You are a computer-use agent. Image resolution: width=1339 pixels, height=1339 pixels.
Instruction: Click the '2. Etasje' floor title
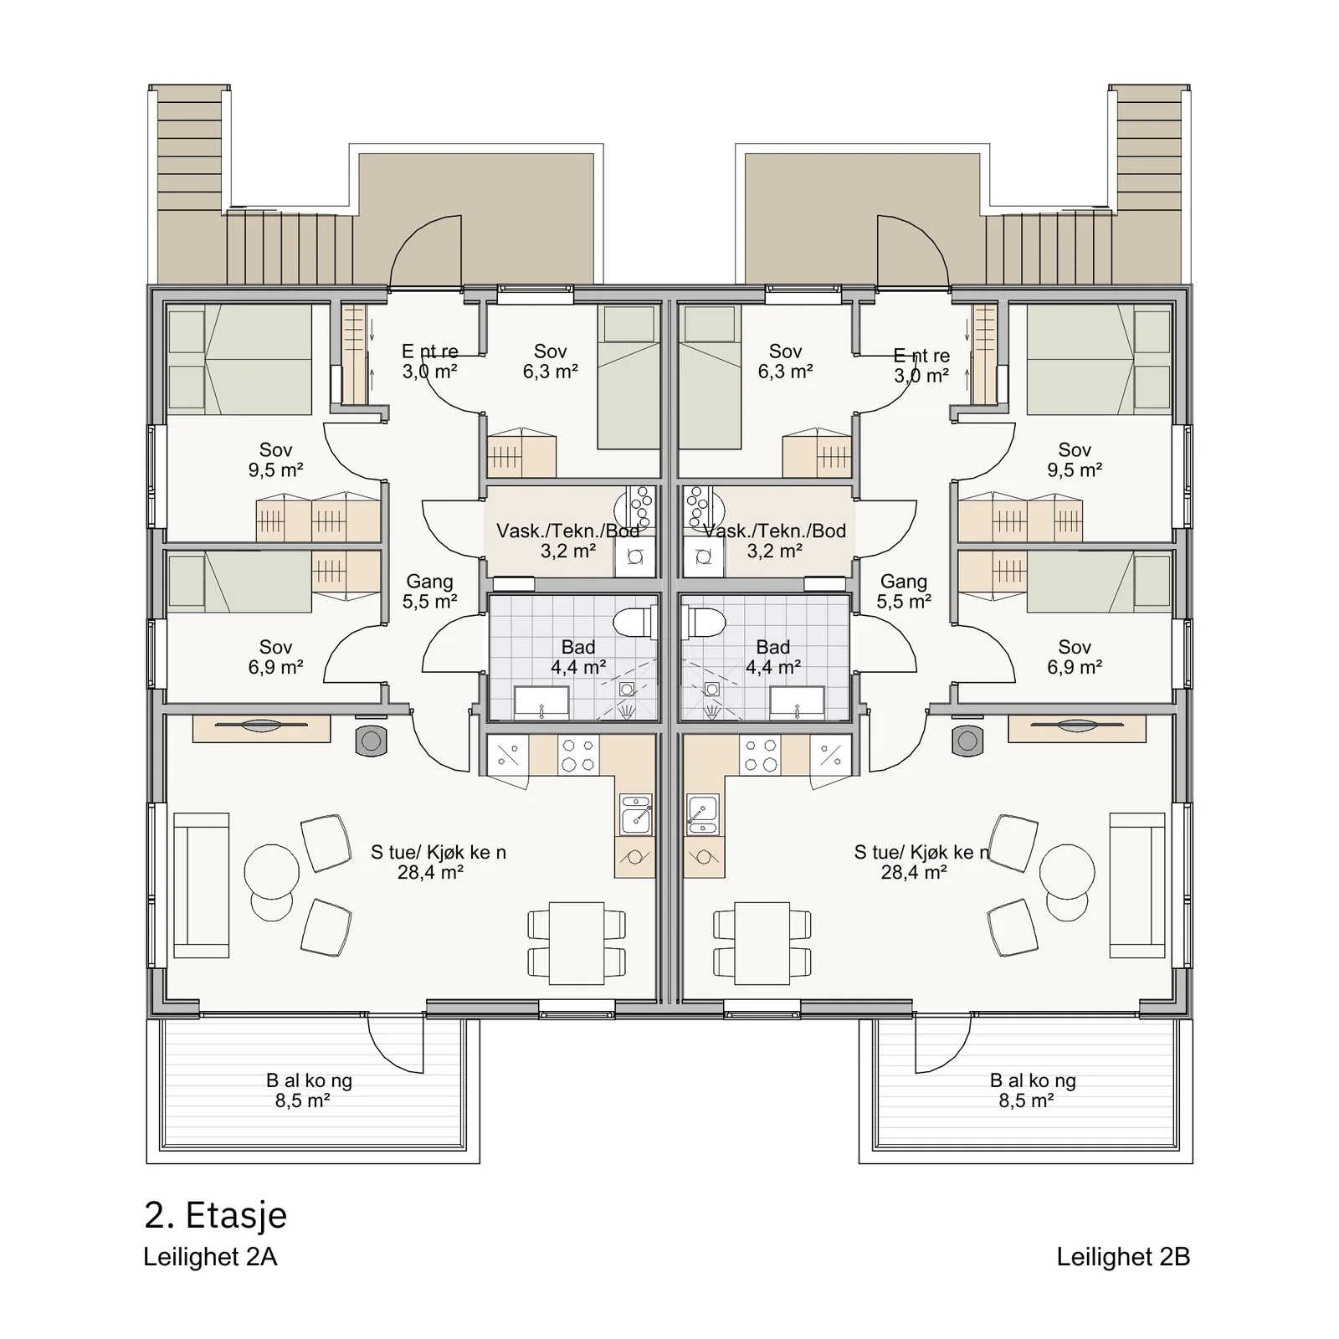click(x=215, y=1215)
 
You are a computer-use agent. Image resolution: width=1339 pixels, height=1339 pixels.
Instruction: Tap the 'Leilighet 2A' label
click(x=210, y=1257)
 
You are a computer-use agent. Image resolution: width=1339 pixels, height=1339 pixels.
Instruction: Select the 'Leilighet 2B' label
click(x=1123, y=1257)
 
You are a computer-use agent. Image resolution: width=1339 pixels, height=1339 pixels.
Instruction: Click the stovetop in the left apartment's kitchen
click(x=577, y=754)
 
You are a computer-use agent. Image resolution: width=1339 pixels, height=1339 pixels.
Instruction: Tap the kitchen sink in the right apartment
click(x=703, y=814)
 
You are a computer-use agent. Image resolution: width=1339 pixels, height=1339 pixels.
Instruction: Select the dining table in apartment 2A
click(x=577, y=942)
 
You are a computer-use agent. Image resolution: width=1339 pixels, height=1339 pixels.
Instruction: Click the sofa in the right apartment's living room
click(x=1137, y=885)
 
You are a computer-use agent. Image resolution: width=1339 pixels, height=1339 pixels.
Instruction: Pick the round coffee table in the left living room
click(x=271, y=871)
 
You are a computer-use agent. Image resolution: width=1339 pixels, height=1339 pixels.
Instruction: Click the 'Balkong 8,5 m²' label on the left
click(x=309, y=1090)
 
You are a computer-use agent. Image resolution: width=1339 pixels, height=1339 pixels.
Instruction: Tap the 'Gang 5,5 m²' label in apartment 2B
click(x=904, y=591)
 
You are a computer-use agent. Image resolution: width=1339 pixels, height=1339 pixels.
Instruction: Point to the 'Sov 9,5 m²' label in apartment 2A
click(x=275, y=459)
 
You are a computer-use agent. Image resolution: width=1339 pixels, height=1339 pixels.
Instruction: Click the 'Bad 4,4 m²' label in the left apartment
click(x=578, y=657)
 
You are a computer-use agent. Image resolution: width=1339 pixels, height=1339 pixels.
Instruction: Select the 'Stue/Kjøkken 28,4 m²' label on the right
click(x=921, y=862)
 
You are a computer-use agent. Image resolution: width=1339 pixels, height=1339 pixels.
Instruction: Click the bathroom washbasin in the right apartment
click(x=798, y=702)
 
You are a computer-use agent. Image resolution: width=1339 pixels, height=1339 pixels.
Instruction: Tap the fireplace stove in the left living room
click(x=371, y=741)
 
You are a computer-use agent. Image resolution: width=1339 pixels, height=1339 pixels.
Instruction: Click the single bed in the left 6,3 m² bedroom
click(x=627, y=377)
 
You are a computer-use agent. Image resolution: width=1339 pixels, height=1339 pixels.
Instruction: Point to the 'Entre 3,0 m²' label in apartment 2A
click(x=429, y=361)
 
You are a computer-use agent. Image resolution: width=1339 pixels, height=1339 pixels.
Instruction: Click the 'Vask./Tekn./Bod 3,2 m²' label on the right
click(x=775, y=541)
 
